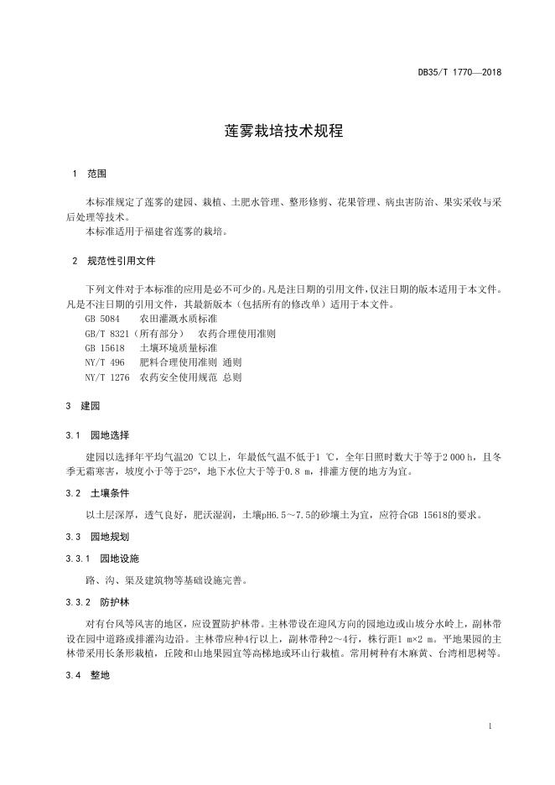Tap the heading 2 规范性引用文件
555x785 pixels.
tap(113, 261)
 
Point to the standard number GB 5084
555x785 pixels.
tap(102, 319)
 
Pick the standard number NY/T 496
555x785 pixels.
tap(105, 362)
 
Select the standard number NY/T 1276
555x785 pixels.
tap(107, 377)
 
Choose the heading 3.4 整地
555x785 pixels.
tap(87, 674)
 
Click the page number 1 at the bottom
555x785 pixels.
tap(490, 725)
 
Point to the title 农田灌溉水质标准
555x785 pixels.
tap(179, 319)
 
